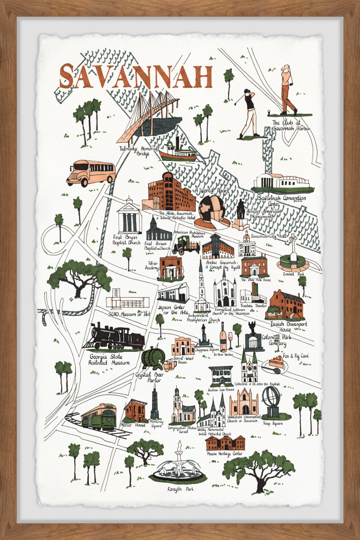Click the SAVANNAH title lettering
(135, 76)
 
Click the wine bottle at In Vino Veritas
(223, 337)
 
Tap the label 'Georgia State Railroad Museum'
(110, 358)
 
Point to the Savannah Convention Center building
(283, 182)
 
